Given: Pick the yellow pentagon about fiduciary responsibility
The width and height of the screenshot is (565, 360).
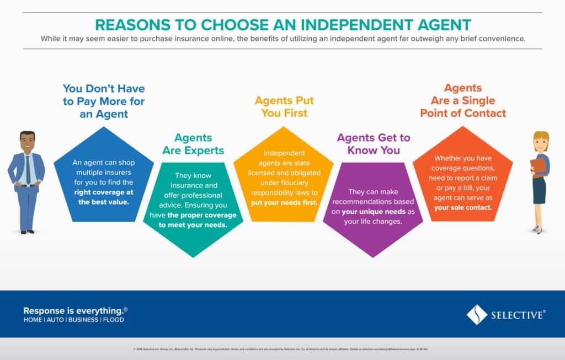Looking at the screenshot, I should pos(284,176).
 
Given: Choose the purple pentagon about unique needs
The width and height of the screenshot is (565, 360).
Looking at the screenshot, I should pos(373,209).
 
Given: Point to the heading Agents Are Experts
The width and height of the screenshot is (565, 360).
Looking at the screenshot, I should pos(193,144).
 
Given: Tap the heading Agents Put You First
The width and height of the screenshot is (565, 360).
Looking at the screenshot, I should pos(284,107).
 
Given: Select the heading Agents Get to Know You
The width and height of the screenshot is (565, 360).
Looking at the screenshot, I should pos(374,144).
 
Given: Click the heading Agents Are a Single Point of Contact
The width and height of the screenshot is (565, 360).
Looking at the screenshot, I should pos(463,100).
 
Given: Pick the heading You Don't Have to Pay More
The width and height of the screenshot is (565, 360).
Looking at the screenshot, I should pos(104,101).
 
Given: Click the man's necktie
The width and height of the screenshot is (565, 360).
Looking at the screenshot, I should pos(28,169).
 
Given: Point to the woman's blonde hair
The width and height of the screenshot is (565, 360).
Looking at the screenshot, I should pos(541,138).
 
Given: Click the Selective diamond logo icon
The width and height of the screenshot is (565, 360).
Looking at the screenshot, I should pos(477,315).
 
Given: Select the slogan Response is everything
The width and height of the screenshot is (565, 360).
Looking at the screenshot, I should pos(75,310).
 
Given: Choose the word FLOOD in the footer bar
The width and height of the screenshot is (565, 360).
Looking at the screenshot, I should pos(114,320).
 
